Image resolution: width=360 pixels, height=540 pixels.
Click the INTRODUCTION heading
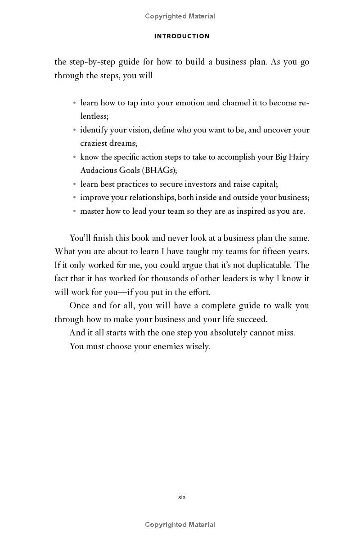coord(182,36)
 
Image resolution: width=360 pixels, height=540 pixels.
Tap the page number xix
coord(182,497)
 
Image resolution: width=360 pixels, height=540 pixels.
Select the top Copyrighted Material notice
coord(180,16)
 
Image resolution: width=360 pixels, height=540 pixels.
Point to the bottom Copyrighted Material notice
coord(180,525)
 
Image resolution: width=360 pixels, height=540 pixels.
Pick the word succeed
coord(253,319)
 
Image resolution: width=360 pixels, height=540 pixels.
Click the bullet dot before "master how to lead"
coord(74,211)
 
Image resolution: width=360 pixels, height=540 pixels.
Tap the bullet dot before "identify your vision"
coord(74,130)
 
